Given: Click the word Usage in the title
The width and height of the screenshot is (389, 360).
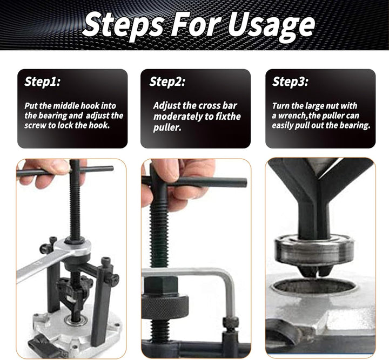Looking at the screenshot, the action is tap(271, 25).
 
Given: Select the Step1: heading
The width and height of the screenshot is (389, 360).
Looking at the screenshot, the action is tap(43, 81).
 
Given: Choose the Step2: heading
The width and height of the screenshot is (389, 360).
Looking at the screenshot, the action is tap(167, 81).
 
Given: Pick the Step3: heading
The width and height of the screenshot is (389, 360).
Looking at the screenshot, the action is tap(290, 81).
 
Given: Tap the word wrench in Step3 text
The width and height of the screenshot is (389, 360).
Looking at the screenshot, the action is tap(292, 116).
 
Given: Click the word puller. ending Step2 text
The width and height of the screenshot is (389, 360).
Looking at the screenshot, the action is tap(167, 127).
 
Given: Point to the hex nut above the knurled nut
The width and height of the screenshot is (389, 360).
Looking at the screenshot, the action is tap(161, 286).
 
